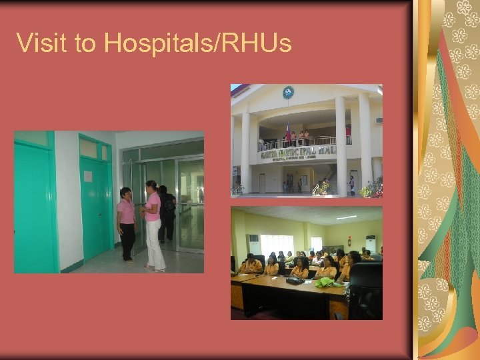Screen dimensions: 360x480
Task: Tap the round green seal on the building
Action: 288,93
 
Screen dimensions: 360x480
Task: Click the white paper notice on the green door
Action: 88,176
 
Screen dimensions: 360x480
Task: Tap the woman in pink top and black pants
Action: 127,223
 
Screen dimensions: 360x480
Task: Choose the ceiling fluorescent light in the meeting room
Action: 347,217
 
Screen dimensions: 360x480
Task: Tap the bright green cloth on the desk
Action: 325,282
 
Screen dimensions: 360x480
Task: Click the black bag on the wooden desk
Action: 293,280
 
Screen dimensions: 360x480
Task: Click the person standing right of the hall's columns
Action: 351,185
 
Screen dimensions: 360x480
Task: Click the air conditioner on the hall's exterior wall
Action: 379,120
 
